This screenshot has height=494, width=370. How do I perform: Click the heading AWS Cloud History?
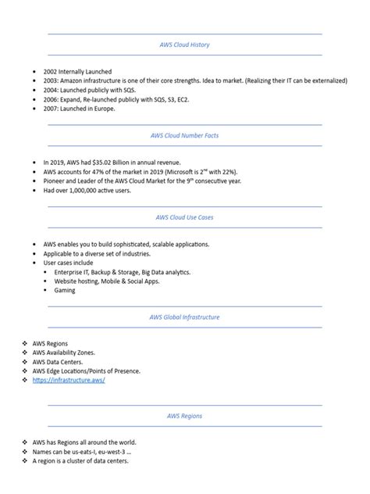184,45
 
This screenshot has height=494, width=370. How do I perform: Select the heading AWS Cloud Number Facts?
184,134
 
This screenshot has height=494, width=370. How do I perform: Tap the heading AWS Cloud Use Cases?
184,217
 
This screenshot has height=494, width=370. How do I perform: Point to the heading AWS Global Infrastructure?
184,317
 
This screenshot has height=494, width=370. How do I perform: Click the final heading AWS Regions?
184,416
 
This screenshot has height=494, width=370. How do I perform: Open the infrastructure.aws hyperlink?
69,380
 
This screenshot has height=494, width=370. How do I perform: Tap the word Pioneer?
55,181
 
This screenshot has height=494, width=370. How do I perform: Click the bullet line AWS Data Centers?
61,361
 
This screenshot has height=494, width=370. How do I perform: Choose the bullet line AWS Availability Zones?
69,352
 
